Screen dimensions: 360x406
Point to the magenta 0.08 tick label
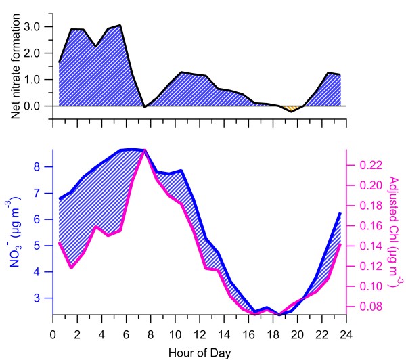366,307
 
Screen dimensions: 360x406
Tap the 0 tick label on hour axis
53,334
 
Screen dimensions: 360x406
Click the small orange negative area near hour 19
292,108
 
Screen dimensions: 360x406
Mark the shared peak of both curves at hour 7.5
145,150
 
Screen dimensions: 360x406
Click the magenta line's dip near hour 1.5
72,267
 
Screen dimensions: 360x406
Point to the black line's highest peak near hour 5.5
120,26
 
